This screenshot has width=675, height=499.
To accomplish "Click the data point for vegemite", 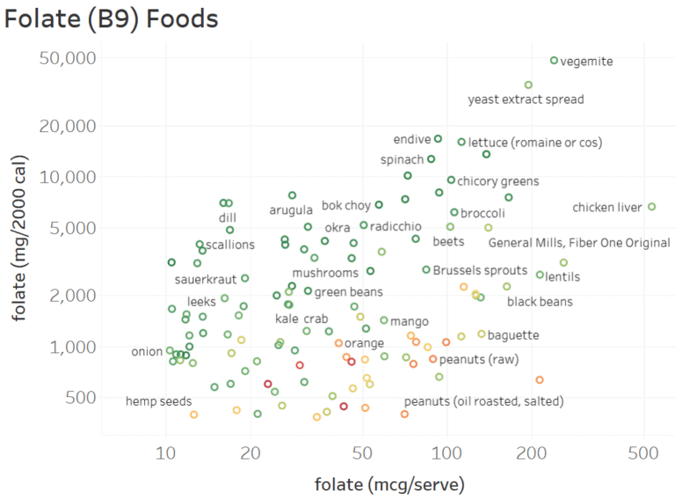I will click(x=554, y=61).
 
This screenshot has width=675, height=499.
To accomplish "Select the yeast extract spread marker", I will click(x=528, y=85).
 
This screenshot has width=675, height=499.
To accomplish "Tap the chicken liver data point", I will click(x=651, y=207).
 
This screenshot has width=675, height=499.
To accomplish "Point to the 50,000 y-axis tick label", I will click(x=69, y=58).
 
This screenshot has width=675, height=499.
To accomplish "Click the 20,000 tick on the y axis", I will click(x=69, y=126).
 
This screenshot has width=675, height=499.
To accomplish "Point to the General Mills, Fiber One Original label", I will click(x=579, y=243).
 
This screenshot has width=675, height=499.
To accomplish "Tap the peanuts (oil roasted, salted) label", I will click(x=483, y=401).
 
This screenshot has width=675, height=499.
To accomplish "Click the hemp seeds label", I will click(x=158, y=401).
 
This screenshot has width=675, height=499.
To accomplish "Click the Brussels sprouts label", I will click(x=480, y=270).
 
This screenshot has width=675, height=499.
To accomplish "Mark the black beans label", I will click(x=540, y=302).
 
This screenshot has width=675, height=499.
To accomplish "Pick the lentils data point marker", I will click(x=540, y=275).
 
